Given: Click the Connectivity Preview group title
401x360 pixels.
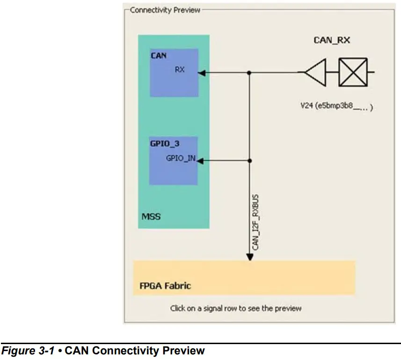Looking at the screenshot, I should (165, 10).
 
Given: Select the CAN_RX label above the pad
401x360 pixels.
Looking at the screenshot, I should (331, 41).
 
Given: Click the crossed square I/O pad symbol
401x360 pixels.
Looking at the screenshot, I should (353, 72).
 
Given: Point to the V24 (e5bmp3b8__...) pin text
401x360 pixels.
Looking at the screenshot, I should (336, 107).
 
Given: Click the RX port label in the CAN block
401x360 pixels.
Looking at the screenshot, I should (180, 69).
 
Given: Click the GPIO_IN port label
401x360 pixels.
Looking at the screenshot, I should (181, 158).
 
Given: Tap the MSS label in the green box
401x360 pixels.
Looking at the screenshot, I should (151, 217).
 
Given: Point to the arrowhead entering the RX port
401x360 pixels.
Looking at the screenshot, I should (202, 72).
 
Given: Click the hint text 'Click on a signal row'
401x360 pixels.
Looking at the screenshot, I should (236, 308).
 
